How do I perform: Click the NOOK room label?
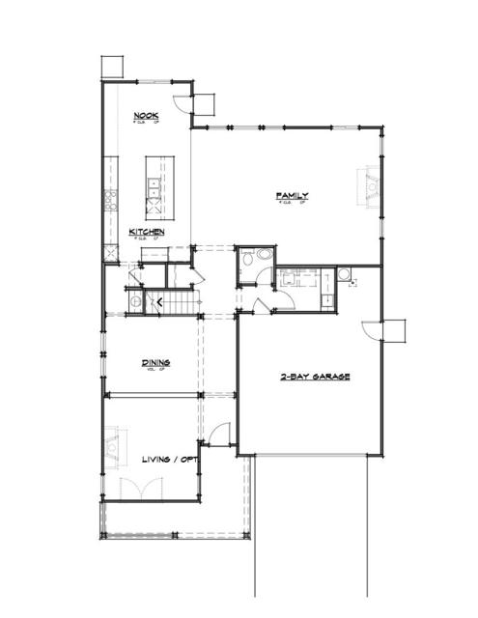pyautogui.click(x=146, y=118)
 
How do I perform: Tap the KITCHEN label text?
pyautogui.click(x=147, y=232)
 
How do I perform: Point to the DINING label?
pyautogui.click(x=155, y=363)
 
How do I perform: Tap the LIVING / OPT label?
pyautogui.click(x=169, y=459)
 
